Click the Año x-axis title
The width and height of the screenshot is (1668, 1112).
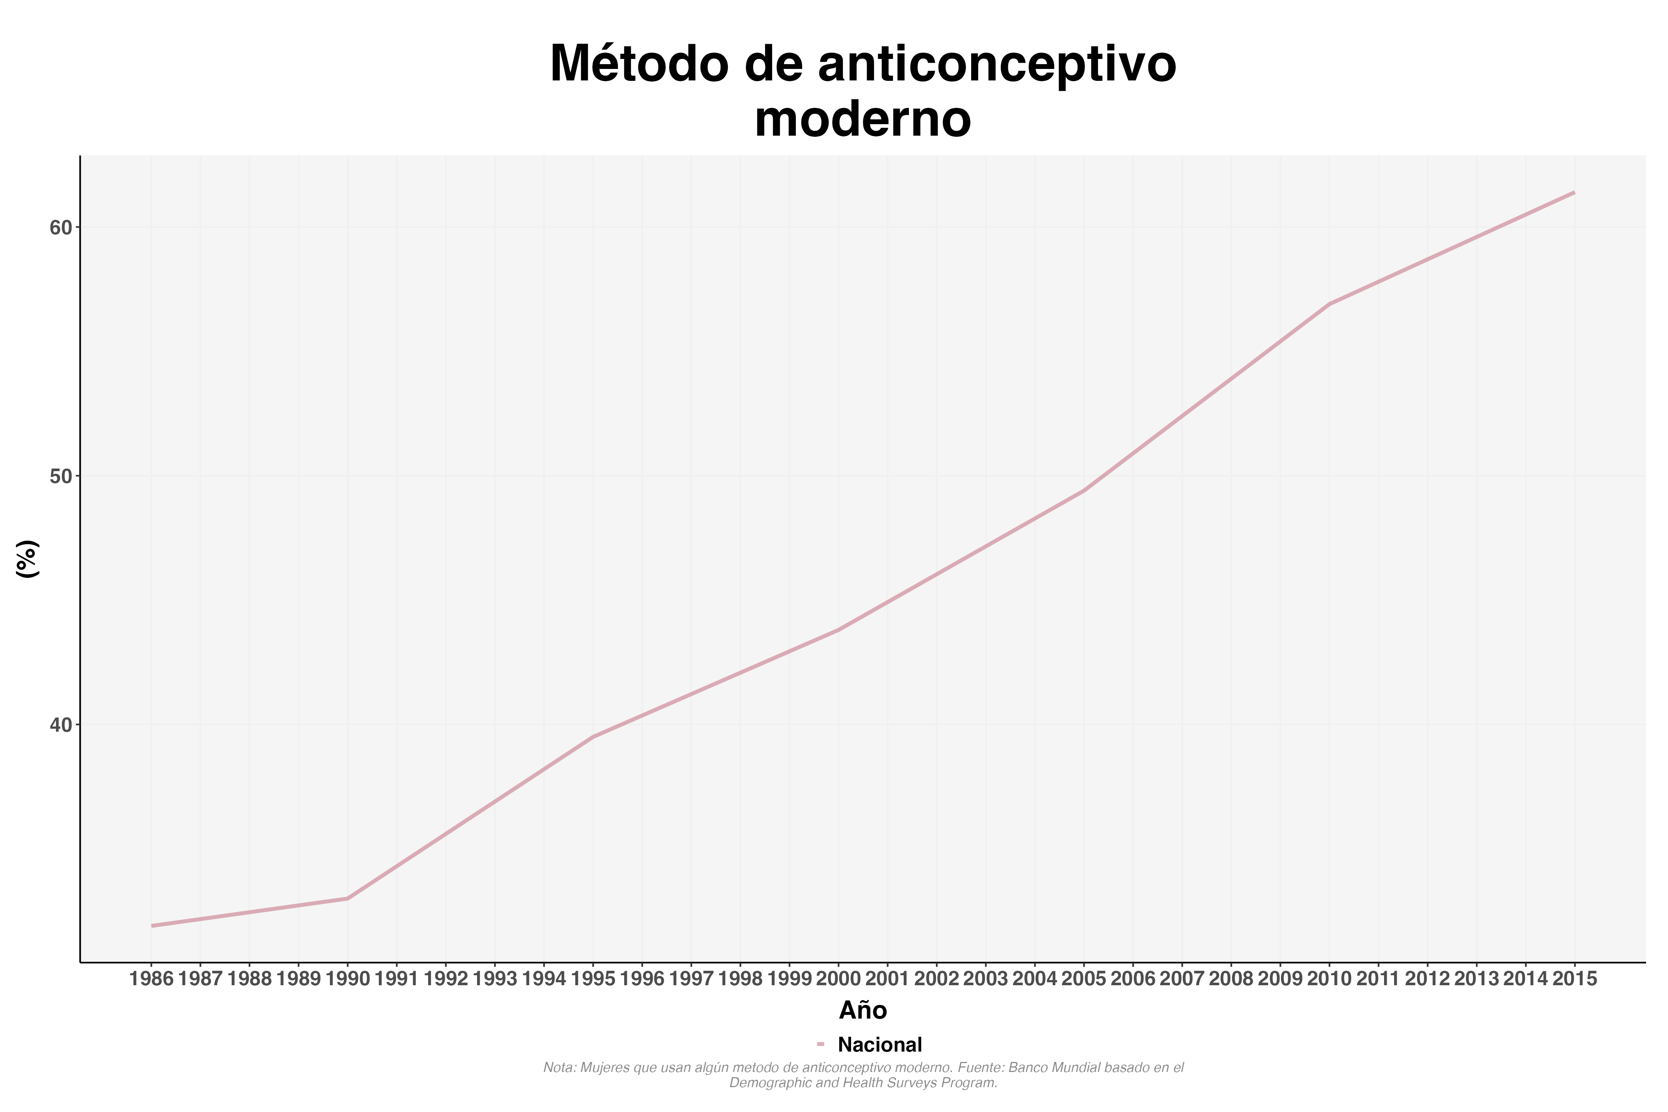pos(863,1010)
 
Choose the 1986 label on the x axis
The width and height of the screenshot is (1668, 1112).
pos(151,979)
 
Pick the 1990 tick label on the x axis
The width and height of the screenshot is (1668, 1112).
pos(348,979)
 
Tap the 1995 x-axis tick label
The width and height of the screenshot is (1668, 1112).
pos(593,979)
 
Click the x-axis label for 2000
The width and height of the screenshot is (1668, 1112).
pos(838,979)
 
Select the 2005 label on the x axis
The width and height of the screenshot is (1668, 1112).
pos(1083,979)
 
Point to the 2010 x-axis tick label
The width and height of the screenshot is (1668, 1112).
pos(1329,979)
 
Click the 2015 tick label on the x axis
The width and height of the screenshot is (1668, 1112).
pos(1574,979)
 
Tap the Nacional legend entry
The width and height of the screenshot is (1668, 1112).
pos(879,1045)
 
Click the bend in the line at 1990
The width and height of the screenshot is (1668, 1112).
pos(348,898)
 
